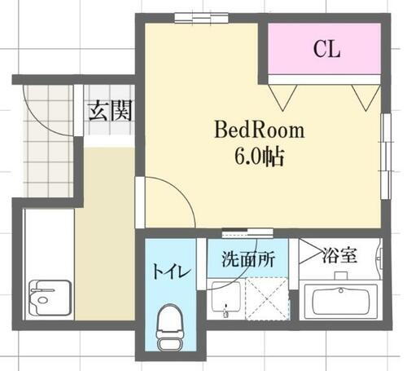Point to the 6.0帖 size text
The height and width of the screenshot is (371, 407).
tap(259, 156)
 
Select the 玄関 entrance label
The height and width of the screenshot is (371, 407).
tap(110, 110)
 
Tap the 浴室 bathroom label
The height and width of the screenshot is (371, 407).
tap(339, 254)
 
